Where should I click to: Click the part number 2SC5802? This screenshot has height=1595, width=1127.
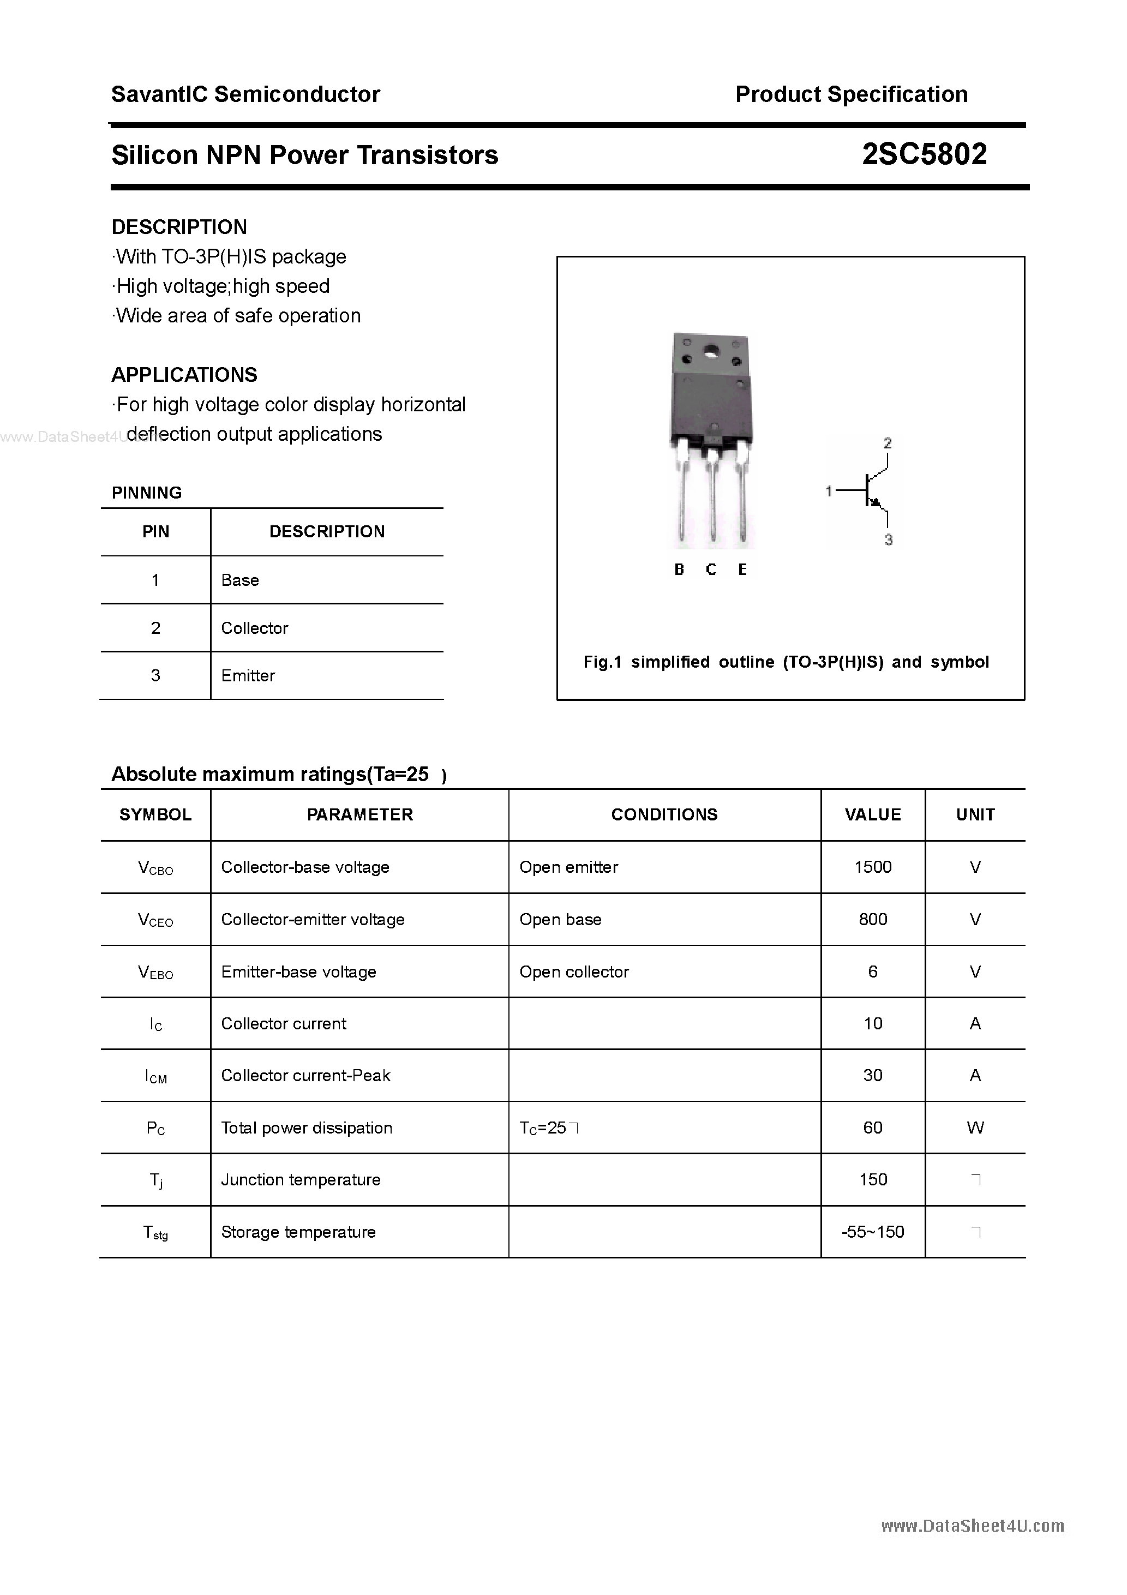click(924, 154)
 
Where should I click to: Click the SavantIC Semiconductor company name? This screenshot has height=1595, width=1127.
click(245, 94)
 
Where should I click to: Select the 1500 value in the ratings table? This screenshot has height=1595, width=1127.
click(873, 867)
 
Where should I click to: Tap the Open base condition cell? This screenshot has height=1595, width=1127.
click(560, 919)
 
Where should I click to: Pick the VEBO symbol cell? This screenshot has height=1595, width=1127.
click(155, 972)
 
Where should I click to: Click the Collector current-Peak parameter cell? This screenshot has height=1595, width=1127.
click(305, 1075)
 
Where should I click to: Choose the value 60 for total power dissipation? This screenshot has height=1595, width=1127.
click(873, 1128)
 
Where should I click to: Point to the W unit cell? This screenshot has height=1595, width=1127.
click(975, 1128)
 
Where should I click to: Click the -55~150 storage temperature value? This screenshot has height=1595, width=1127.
click(873, 1232)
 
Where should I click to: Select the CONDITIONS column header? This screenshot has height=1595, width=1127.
click(664, 814)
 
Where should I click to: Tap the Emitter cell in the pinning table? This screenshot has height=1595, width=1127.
click(248, 675)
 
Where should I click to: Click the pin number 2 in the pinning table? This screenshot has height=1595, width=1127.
click(155, 628)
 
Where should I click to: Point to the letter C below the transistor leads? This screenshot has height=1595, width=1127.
click(711, 569)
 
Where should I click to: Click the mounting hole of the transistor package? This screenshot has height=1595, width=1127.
click(711, 352)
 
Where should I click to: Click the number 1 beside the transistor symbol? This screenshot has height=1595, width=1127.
click(828, 491)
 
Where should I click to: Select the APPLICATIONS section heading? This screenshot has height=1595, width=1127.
click(184, 375)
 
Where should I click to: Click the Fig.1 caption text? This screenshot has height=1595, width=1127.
click(786, 662)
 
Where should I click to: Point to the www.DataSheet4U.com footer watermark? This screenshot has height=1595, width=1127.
click(972, 1526)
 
